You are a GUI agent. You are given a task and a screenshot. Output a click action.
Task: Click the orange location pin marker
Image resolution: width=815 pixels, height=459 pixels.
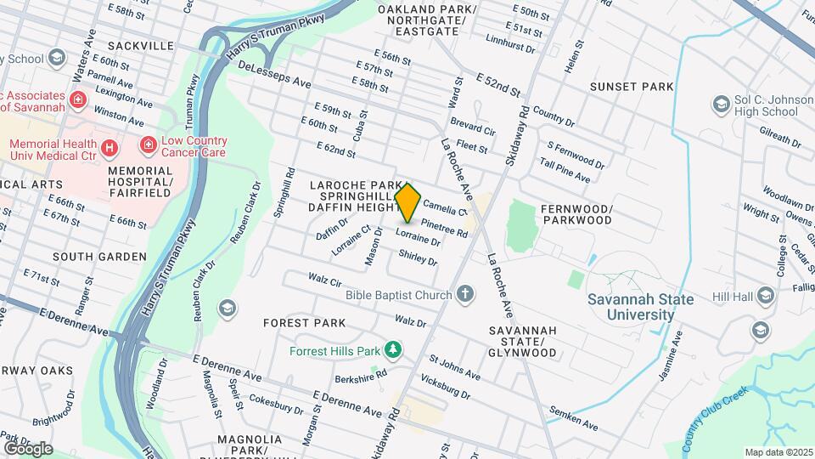(x=408, y=202)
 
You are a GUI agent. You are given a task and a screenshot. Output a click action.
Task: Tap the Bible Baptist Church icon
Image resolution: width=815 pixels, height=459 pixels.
(x=464, y=295)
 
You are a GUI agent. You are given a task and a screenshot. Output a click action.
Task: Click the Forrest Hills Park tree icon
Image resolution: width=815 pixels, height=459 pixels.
(x=392, y=349)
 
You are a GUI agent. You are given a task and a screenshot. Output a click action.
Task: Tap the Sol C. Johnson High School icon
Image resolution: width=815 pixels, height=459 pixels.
(x=722, y=104)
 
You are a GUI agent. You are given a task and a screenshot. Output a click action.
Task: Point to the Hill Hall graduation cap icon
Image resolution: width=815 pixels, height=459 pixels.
(x=766, y=295)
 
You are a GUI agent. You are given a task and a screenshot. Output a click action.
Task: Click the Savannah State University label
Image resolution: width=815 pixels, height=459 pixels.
(x=640, y=307)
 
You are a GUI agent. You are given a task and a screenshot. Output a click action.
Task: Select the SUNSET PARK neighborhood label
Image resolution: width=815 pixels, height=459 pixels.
(x=633, y=87)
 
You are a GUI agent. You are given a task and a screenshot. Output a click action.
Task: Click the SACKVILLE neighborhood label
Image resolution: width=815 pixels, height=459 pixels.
(x=141, y=45)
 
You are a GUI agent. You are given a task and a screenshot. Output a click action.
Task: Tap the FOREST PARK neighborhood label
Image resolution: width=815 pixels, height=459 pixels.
(x=304, y=323)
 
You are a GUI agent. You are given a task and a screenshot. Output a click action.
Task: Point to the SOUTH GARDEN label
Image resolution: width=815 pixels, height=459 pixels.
(x=99, y=256)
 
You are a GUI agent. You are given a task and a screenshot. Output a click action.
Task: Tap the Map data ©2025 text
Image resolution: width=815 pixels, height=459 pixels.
(x=778, y=451)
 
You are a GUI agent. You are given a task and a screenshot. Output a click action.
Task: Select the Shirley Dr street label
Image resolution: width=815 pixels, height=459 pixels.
(x=417, y=258)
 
